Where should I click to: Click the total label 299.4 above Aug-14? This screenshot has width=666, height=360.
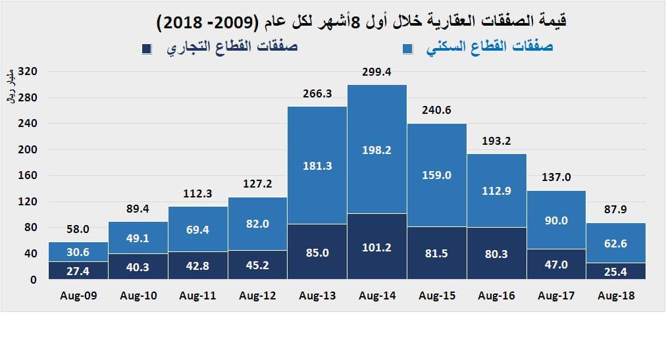pos(376,72)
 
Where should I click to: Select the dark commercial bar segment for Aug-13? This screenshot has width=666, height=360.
pos(317,251)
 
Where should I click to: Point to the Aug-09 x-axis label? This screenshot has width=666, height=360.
pos(78,296)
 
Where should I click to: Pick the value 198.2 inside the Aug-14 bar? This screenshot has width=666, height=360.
pos(376,150)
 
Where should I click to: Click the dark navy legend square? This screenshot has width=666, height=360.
pos(147,49)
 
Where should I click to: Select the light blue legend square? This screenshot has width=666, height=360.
pos(407,49)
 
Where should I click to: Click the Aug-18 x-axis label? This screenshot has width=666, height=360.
pos(616,296)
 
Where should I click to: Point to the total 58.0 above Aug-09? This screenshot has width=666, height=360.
pos(78,230)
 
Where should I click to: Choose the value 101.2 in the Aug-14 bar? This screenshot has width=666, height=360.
pos(376,247)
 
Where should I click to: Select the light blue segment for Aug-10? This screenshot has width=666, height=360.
pos(138,238)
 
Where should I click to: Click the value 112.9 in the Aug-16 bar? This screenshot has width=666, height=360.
pos(496,191)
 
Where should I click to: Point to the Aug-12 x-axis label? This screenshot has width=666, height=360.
pos(257,296)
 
